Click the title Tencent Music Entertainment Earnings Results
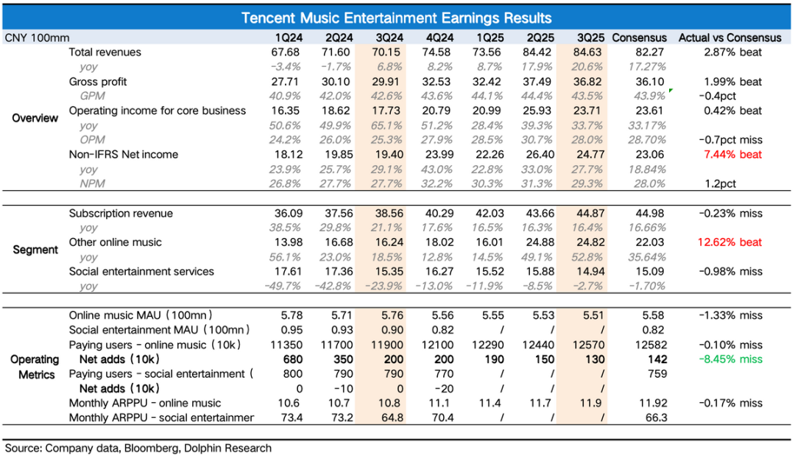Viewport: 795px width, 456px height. (397, 18)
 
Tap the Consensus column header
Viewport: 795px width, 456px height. (639, 38)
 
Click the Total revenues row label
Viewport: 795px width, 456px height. (105, 52)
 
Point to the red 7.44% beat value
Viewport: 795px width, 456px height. (732, 155)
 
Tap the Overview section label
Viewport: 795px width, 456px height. (35, 118)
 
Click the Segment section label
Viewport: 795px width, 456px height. (35, 250)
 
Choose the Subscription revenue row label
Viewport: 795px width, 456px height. (121, 214)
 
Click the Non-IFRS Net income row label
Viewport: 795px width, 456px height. (124, 155)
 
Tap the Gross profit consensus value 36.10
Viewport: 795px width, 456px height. (639, 82)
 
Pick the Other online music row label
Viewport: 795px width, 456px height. (116, 242)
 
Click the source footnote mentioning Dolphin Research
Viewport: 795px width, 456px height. (138, 448)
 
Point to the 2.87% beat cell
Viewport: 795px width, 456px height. (732, 52)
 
